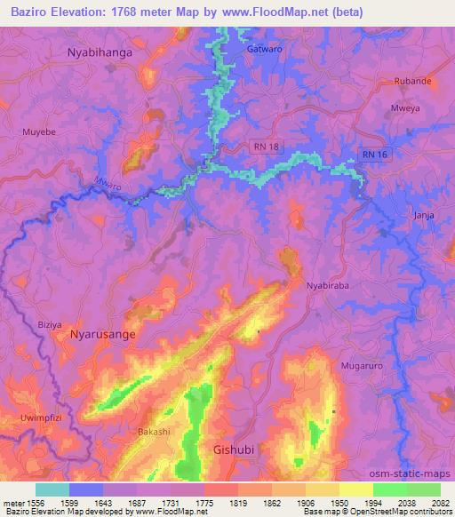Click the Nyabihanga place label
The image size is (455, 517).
(x=100, y=52)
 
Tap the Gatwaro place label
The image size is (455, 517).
(x=265, y=49)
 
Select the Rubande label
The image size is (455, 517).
(x=413, y=81)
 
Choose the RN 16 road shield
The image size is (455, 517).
(x=374, y=154)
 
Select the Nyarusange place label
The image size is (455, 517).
(x=104, y=336)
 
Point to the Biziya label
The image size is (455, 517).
(x=50, y=325)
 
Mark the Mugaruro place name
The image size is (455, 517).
(x=361, y=365)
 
